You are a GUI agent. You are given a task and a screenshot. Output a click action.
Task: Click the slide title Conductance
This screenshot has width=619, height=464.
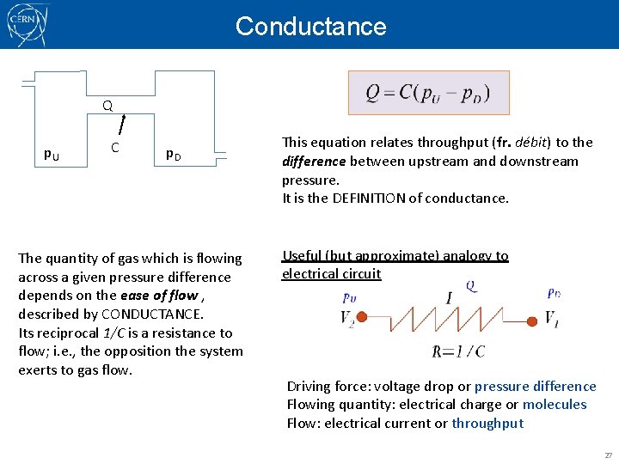310,27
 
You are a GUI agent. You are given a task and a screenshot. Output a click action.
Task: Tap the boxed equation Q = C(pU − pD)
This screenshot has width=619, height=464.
428,93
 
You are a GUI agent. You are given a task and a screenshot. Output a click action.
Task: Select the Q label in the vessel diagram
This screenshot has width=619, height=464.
107,107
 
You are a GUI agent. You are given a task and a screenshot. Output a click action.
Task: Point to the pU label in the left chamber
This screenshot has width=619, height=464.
52,154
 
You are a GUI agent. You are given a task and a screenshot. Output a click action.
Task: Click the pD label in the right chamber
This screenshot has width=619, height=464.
173,155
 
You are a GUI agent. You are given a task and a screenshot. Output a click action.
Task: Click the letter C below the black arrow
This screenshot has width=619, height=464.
114,147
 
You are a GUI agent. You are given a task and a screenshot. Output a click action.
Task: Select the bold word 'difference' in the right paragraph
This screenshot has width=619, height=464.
314,162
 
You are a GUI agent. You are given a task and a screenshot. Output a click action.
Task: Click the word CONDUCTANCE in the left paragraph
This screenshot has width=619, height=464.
150,314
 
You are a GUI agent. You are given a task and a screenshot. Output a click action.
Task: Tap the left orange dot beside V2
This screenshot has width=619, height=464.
362,318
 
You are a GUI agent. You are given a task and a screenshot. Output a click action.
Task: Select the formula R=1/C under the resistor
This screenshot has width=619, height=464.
458,351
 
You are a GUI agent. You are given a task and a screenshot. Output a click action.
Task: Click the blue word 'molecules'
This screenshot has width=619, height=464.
555,405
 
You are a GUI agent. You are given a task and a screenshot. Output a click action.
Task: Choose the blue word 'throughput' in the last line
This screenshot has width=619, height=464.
487,424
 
